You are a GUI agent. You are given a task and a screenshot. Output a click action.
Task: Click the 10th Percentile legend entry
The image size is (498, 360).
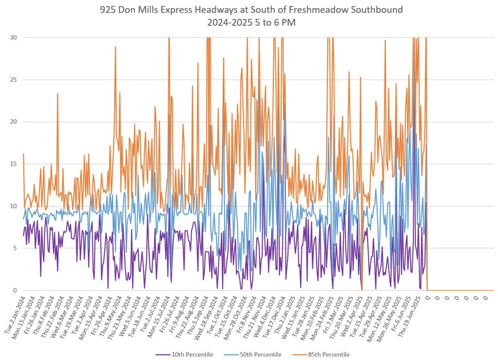click(192, 354)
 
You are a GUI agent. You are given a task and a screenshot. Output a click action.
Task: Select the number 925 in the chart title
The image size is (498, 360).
click(107, 10)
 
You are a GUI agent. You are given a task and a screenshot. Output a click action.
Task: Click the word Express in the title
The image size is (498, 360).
click(174, 10)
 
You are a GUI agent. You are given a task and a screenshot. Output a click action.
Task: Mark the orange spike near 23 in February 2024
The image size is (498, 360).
click(57, 94)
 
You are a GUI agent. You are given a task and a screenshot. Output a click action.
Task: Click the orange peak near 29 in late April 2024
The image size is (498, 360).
click(115, 47)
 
